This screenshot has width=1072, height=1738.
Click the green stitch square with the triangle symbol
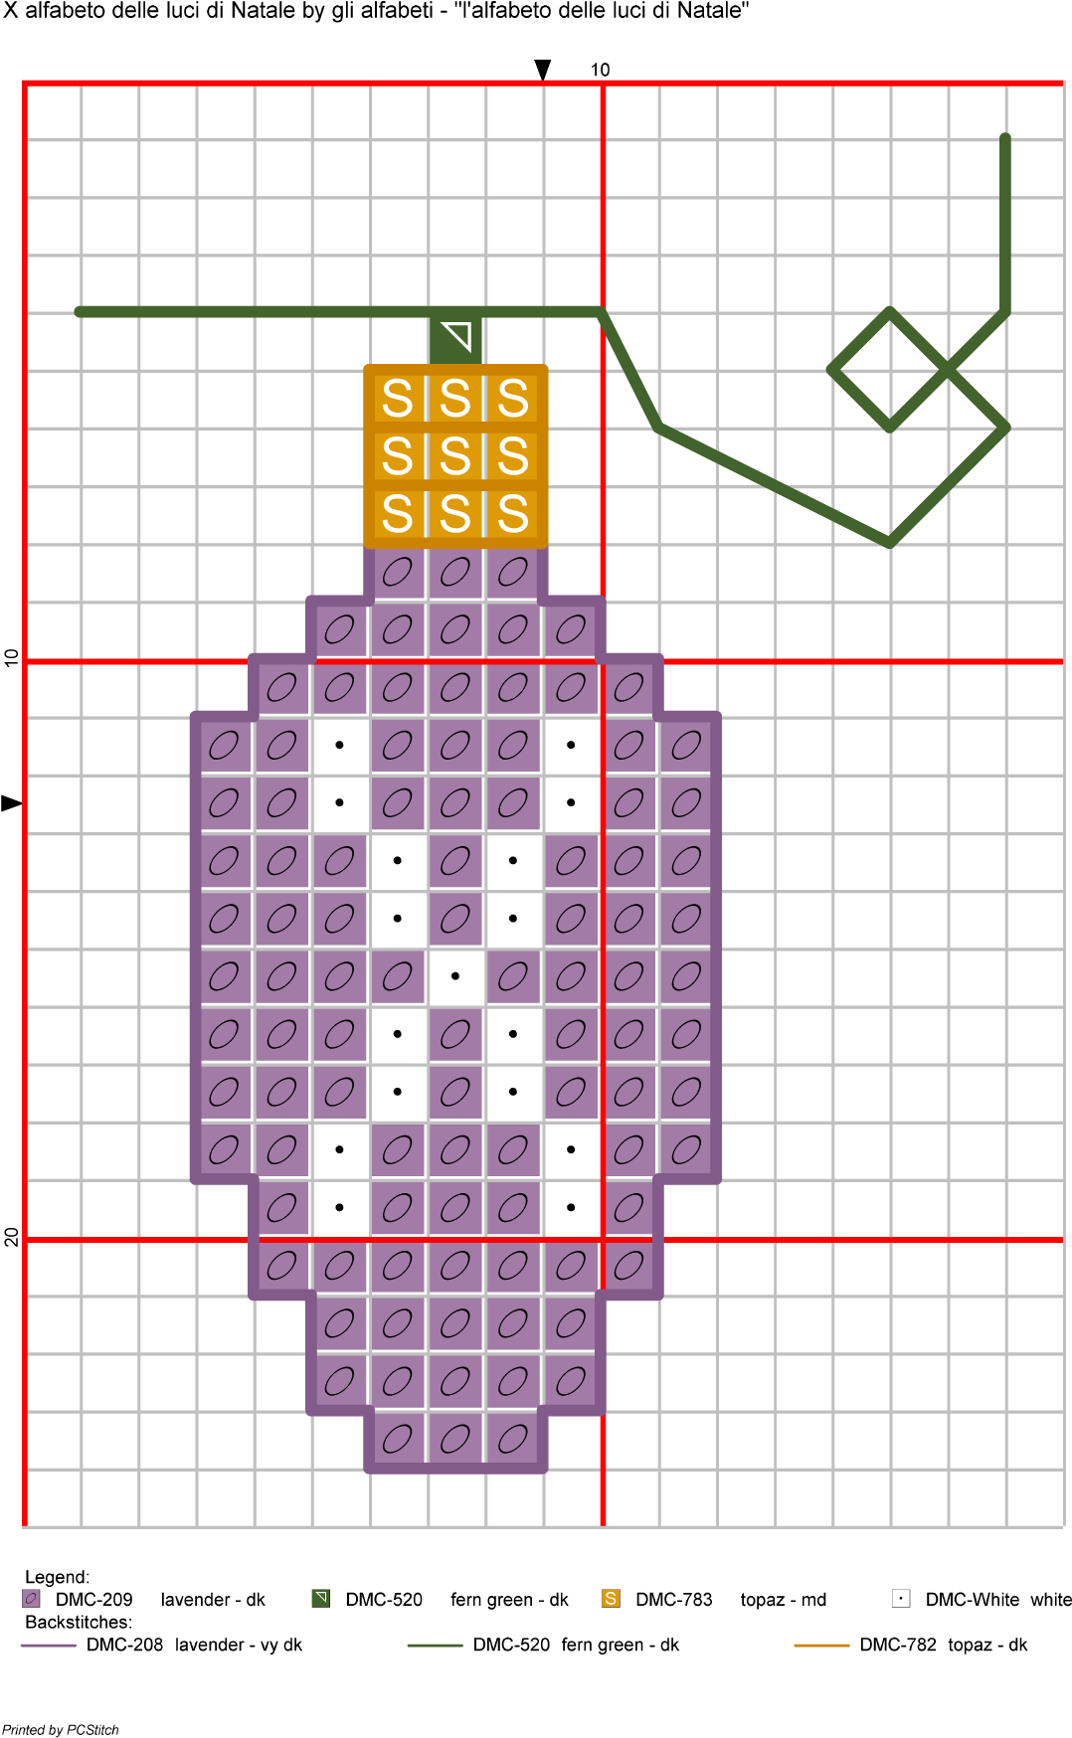[455, 339]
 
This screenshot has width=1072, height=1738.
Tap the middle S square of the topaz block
[455, 456]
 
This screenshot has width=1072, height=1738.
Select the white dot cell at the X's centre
[455, 976]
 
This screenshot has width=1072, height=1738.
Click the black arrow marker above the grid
[543, 70]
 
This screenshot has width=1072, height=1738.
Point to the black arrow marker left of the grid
[11, 803]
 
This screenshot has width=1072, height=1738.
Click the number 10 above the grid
[600, 70]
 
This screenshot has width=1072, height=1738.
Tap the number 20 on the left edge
[11, 1237]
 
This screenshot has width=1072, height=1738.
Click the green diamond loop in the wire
[890, 370]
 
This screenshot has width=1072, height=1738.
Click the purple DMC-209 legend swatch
[31, 1599]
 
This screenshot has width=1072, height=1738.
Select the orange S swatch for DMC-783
[611, 1599]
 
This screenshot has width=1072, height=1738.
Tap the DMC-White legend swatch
[901, 1599]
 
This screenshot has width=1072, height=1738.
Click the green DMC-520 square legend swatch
[320, 1599]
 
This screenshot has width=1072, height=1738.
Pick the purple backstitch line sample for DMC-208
[49, 1646]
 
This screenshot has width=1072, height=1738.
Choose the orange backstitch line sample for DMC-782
[821, 1646]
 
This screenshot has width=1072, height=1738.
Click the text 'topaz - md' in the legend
[784, 1600]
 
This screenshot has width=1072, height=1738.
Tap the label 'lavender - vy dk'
[239, 1645]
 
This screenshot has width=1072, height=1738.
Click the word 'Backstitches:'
[79, 1622]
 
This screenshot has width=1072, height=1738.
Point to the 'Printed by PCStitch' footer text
[61, 1729]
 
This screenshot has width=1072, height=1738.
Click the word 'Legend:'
[57, 1577]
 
